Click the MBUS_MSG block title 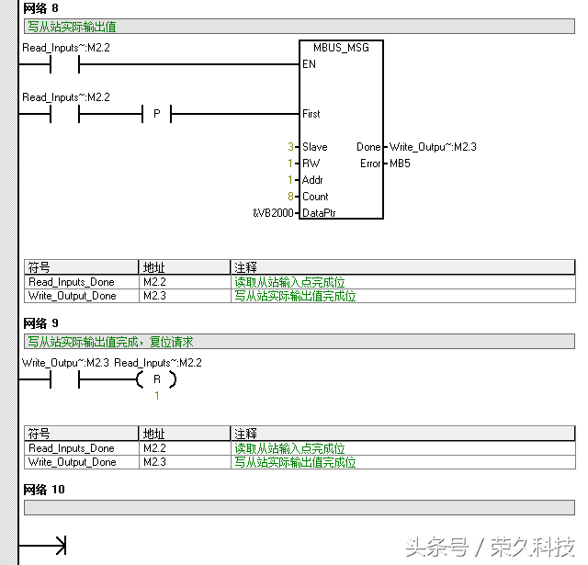341,48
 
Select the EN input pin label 309,64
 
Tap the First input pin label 311,114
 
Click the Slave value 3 291,147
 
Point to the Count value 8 291,197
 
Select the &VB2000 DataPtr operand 273,213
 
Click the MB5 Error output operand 400,164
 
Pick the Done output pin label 367,147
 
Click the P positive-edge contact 156,114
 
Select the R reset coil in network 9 156,379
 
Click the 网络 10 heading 44,490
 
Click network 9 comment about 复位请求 110,342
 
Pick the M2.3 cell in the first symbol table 154,296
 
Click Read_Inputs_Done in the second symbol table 72,448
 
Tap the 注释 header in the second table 246,434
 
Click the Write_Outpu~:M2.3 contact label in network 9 65,363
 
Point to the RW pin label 311,164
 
